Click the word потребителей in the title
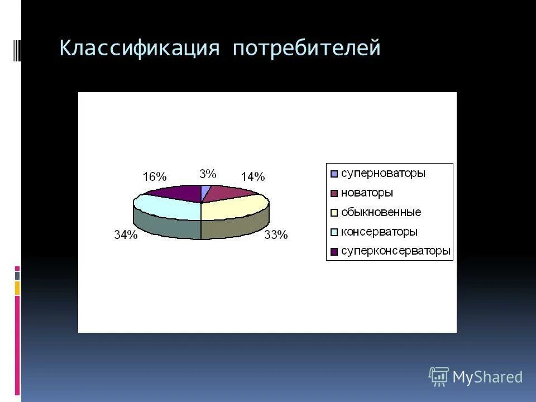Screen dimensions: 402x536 [x=307, y=48]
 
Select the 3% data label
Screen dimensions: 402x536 [x=208, y=174]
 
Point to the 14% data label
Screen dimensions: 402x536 [x=252, y=177]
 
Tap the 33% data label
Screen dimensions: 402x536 [x=276, y=235]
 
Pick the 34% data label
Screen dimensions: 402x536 [x=126, y=235]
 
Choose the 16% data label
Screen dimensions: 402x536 [x=155, y=177]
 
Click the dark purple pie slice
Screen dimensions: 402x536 [x=178, y=193]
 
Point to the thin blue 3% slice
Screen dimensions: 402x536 [x=205, y=192]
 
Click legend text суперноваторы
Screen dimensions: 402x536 [x=383, y=173]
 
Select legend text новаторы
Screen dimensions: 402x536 [x=367, y=193]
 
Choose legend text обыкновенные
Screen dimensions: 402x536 [x=381, y=212]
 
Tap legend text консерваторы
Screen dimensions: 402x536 [x=379, y=232]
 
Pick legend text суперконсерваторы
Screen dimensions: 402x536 [x=395, y=251]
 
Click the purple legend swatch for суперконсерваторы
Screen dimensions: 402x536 [x=334, y=252]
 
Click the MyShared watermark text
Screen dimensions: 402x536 [x=487, y=377]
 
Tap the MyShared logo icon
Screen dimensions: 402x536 [x=438, y=377]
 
